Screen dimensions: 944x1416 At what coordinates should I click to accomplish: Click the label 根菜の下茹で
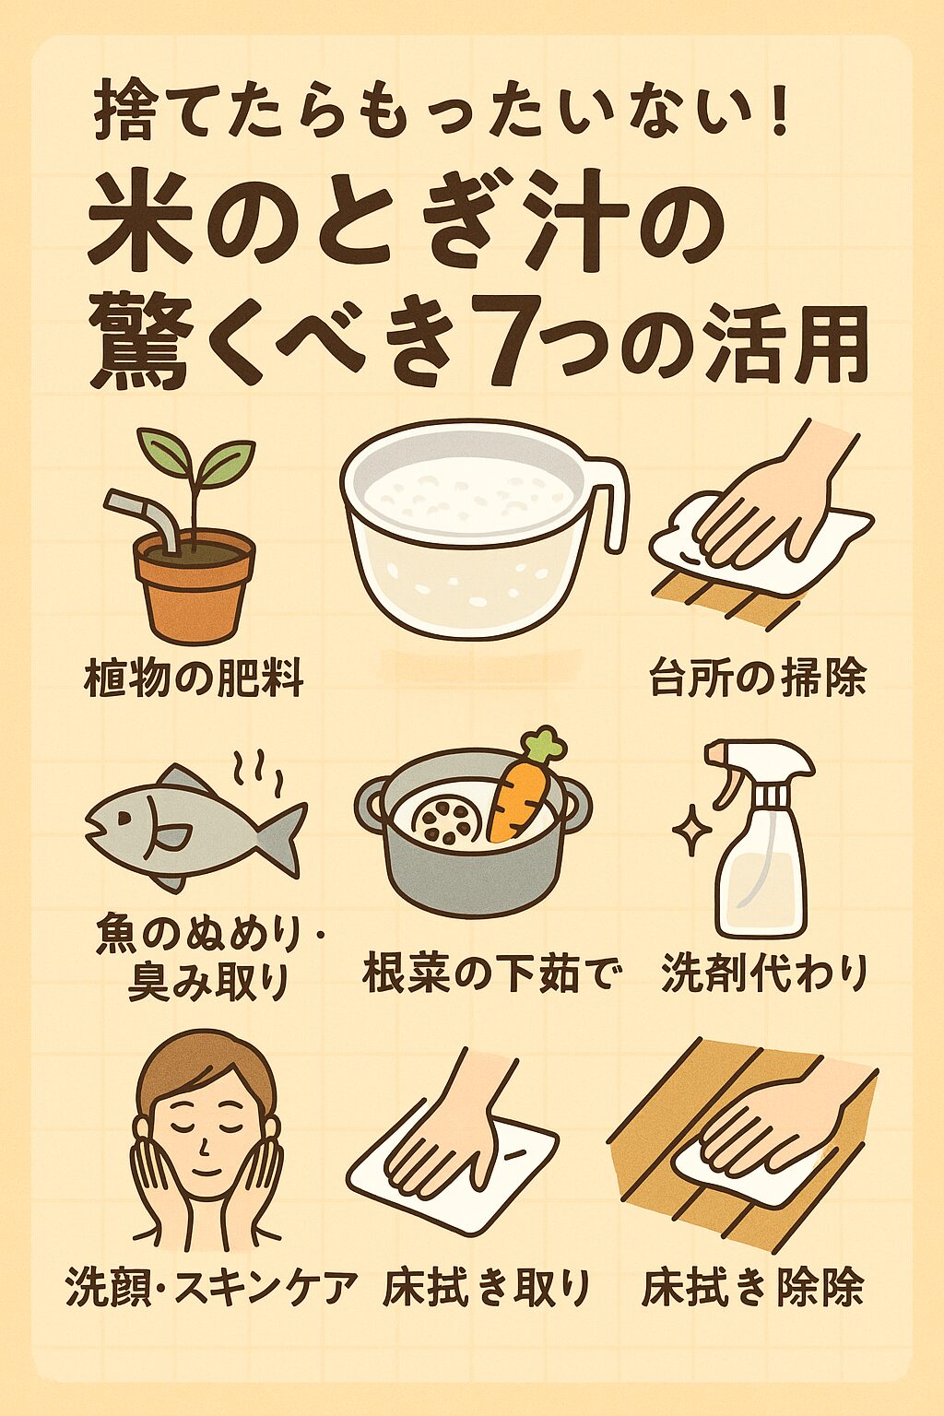[x=489, y=973]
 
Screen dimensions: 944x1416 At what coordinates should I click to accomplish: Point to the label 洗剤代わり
[x=764, y=973]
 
